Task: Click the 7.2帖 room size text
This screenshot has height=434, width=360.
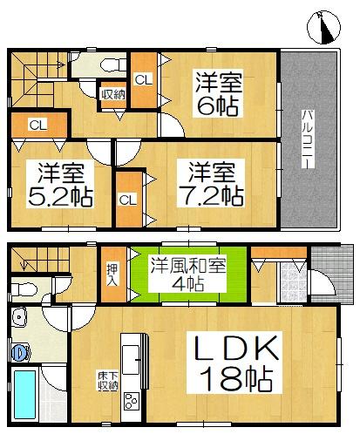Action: (207, 193)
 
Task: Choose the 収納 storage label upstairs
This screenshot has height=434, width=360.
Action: (112, 94)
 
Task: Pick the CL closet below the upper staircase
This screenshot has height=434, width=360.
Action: (37, 125)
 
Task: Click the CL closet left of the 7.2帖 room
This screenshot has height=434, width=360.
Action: (127, 199)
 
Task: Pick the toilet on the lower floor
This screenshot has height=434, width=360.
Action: (24, 288)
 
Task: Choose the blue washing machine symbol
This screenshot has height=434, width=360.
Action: (20, 352)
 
